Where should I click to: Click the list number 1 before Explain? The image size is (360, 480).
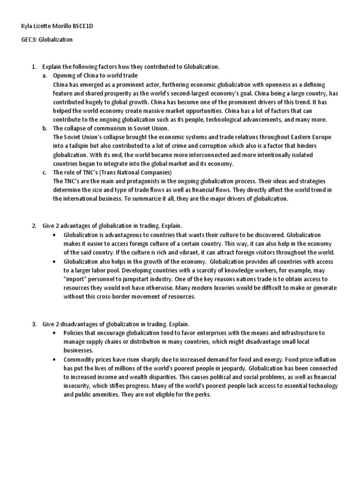pyautogui.click(x=34, y=67)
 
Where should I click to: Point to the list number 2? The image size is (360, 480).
pyautogui.click(x=34, y=226)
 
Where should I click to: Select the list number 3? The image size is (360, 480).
pyautogui.click(x=34, y=324)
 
